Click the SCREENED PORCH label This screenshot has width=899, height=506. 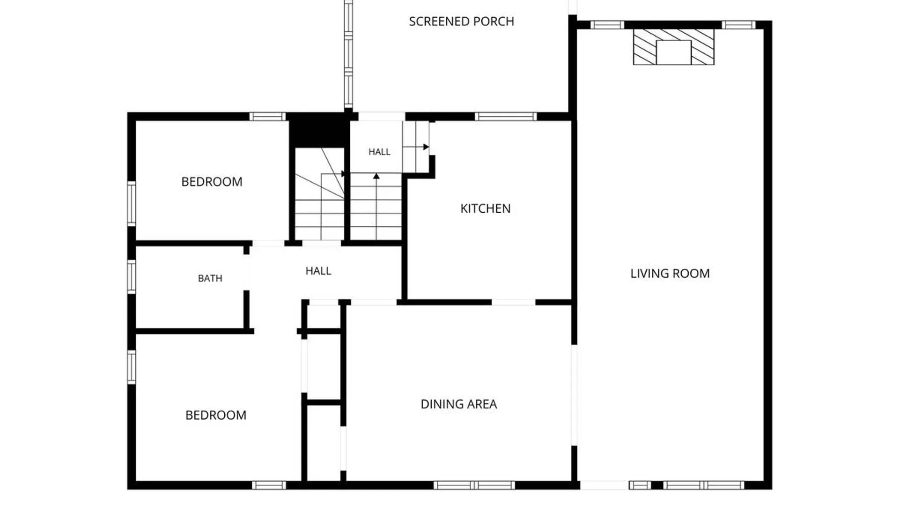point(461,22)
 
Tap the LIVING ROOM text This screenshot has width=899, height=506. point(670,274)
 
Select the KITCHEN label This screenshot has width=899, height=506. point(485,208)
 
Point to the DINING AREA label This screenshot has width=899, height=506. point(459,404)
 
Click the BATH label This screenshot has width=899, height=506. point(210,278)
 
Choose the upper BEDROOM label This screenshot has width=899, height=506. point(212,182)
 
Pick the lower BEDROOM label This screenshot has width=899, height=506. point(216,415)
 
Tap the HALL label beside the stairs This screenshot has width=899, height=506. point(379,152)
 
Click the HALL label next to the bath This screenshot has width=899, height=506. point(318,271)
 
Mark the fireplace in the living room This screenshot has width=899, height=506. point(674,47)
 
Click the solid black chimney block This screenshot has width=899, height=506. point(319,130)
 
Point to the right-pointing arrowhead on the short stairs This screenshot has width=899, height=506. point(426,147)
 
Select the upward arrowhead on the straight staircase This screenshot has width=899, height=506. point(376,176)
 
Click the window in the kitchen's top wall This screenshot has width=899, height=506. point(506,117)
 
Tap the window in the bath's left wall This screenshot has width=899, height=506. point(132,277)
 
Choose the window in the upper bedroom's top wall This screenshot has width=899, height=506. point(267,117)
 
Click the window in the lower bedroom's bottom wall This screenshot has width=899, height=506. point(269,485)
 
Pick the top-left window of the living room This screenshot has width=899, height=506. point(607,25)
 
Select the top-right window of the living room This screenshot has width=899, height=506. point(738,25)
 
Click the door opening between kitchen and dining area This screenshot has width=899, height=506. point(514,303)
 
